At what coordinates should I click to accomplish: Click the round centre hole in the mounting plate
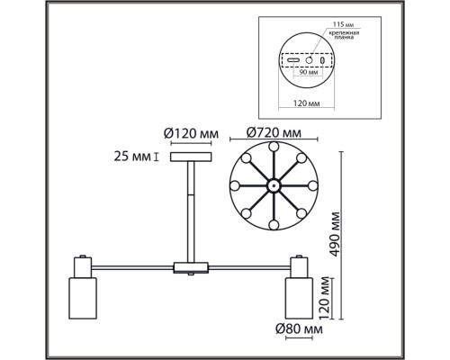coord(309,61)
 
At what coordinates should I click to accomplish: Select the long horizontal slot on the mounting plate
coord(292,61)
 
